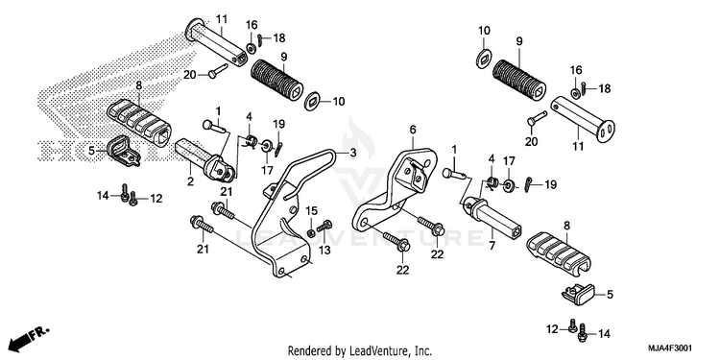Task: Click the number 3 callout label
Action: (x=352, y=154)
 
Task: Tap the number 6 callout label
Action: (x=413, y=130)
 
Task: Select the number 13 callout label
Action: (x=324, y=250)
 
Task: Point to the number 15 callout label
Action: (x=312, y=211)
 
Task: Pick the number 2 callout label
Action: (x=190, y=181)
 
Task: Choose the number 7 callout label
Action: (x=492, y=246)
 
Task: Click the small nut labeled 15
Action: (x=311, y=233)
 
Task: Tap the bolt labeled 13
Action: (x=324, y=226)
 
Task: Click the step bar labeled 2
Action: (x=205, y=160)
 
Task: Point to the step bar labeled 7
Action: (x=492, y=215)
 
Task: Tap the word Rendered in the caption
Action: (x=307, y=351)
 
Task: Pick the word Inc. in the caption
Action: (x=422, y=351)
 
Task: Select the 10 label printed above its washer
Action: (x=484, y=31)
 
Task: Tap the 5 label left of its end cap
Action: (x=91, y=150)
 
